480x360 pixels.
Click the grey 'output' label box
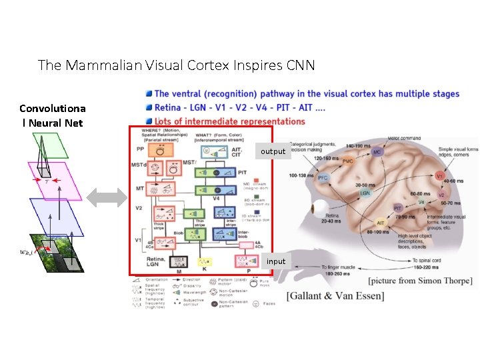[273, 151]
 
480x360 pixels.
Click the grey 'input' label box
[275, 261]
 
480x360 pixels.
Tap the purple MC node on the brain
[377, 152]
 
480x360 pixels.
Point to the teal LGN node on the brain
[365, 193]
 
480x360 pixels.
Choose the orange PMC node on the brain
[347, 161]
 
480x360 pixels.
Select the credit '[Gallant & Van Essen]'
[335, 295]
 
